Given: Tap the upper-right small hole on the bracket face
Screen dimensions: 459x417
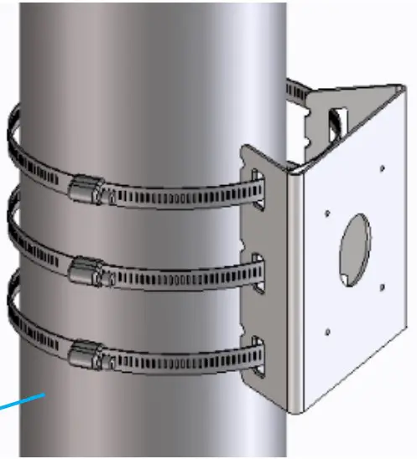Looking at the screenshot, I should click(x=382, y=168).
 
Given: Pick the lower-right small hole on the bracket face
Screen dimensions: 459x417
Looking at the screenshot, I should click(x=382, y=287).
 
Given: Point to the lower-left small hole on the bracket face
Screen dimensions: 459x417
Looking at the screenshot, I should click(x=327, y=333).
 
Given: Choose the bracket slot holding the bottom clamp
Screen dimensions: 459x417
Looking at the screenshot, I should click(x=257, y=356).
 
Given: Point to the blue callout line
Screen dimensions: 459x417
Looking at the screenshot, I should click(x=21, y=405).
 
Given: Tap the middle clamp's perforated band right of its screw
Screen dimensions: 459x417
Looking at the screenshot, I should click(x=168, y=279).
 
